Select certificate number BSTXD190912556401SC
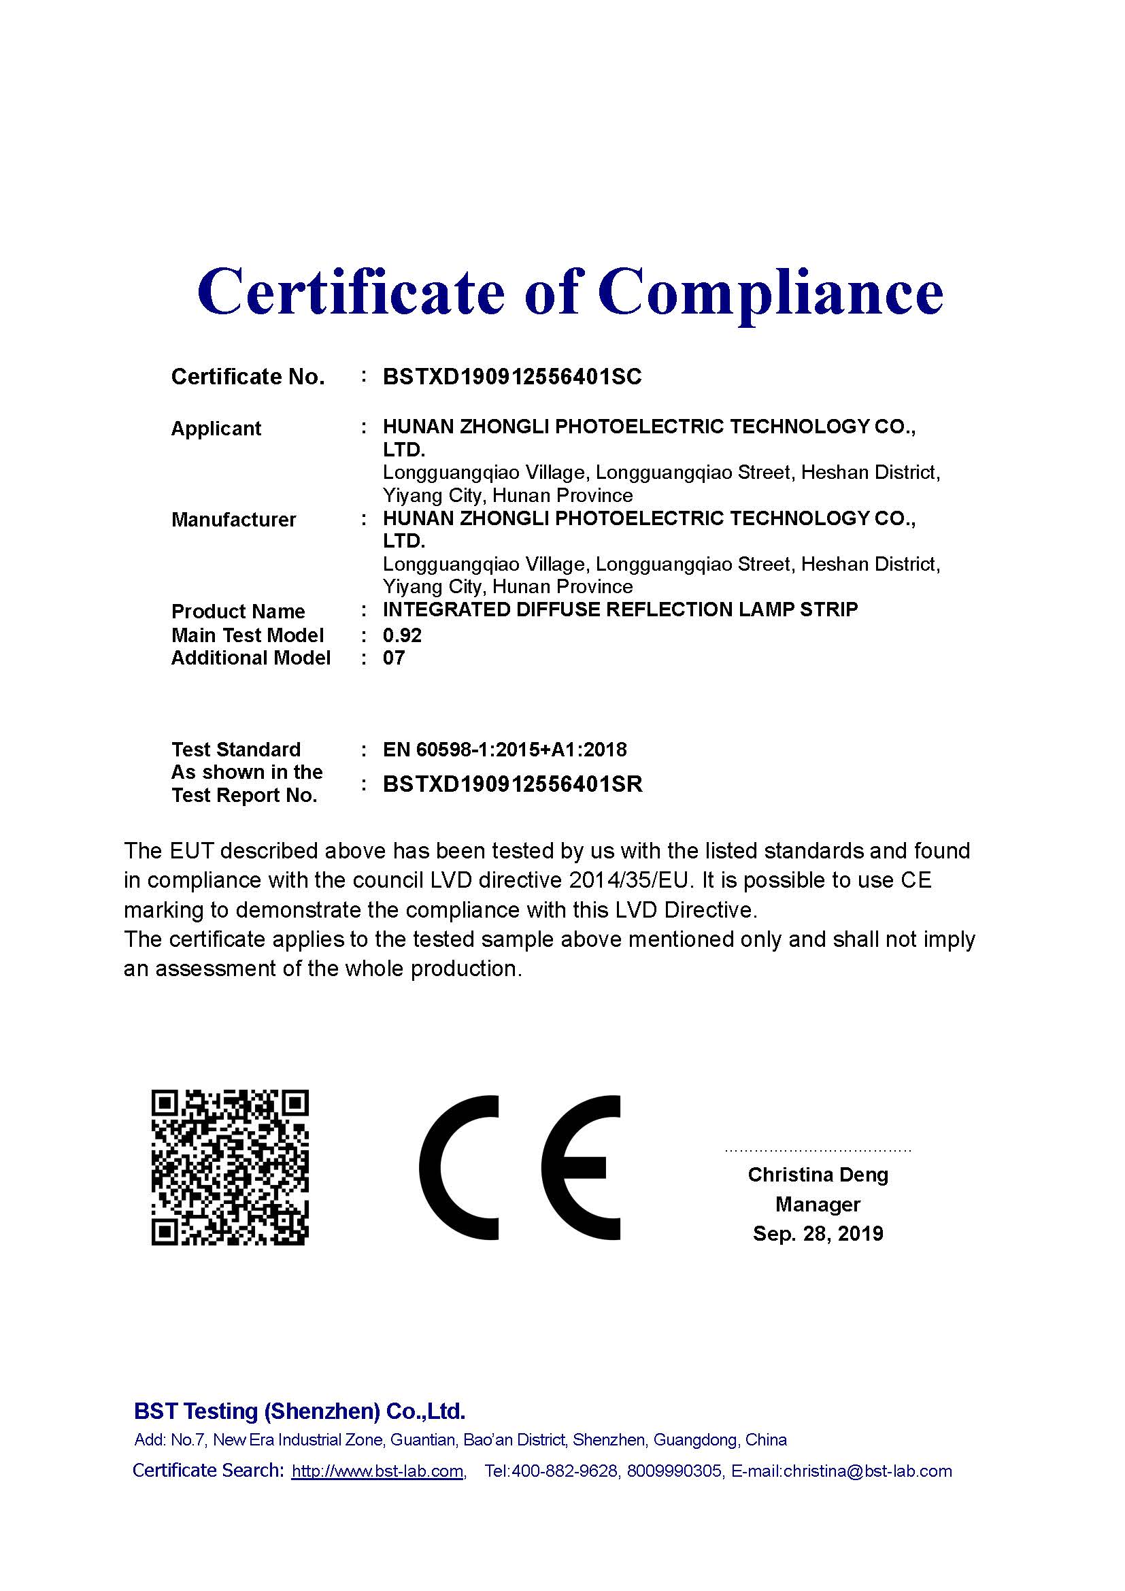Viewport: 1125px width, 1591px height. point(512,376)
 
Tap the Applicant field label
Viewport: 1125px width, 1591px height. point(216,429)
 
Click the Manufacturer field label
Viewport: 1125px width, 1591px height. point(233,520)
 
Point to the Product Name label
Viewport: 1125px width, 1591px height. point(237,612)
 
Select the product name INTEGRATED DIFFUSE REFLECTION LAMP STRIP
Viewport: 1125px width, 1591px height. point(620,609)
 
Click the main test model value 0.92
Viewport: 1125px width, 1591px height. point(402,635)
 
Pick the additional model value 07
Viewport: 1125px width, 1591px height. point(393,658)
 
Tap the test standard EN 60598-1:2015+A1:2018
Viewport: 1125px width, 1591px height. point(504,749)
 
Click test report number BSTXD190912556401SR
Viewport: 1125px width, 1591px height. point(513,784)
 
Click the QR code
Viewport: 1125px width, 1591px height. point(230,1168)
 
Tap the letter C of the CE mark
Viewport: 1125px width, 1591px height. point(458,1168)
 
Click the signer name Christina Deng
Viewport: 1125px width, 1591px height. point(818,1175)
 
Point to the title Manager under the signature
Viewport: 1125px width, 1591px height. point(818,1205)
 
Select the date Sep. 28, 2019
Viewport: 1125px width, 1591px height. point(818,1234)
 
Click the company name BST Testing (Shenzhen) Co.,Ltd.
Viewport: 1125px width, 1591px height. point(299,1411)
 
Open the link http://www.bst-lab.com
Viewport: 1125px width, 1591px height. point(377,1471)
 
